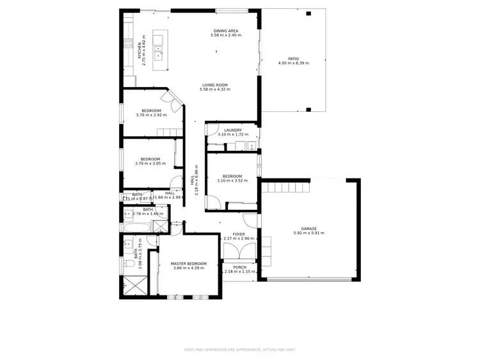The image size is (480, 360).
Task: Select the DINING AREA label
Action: [x=225, y=31]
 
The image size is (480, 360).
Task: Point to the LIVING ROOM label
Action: [x=214, y=85]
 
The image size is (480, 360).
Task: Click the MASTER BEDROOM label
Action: [x=188, y=263]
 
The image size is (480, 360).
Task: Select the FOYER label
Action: [x=239, y=234]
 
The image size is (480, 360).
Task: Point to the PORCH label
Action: [x=239, y=267]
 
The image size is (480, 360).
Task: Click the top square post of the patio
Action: [x=308, y=13]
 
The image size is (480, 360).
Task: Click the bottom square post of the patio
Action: [x=308, y=110]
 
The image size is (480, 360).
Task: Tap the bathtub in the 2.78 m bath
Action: [x=136, y=227]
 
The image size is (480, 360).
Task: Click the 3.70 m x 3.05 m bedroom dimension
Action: [x=150, y=164]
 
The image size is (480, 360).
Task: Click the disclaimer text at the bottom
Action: [x=239, y=349]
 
